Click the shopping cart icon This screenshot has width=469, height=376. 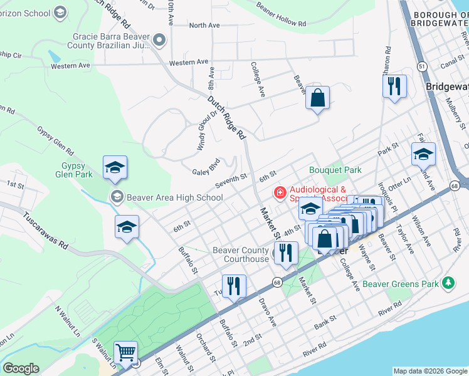126,353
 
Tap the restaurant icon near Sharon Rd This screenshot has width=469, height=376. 394,86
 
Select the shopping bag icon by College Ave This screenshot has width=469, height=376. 318,98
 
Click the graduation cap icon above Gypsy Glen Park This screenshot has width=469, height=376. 115,167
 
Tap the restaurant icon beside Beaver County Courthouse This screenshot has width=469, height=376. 286,253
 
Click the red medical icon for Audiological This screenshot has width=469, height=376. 280,193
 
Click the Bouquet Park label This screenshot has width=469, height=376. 335,170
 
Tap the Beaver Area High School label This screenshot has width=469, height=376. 174,197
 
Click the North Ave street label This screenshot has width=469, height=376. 204,26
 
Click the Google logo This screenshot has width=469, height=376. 21,368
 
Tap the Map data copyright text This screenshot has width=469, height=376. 429,371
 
